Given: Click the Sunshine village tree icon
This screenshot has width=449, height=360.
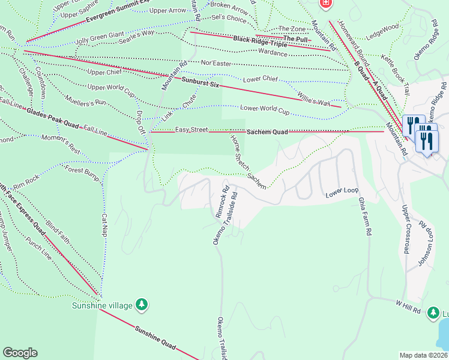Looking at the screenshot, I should [142, 305].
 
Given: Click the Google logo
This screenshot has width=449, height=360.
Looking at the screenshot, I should [20, 353].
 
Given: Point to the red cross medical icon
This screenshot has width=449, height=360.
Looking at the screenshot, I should [326, 4].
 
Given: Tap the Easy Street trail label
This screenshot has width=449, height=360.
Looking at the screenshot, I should [191, 130].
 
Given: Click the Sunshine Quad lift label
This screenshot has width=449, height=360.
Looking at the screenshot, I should [155, 338].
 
